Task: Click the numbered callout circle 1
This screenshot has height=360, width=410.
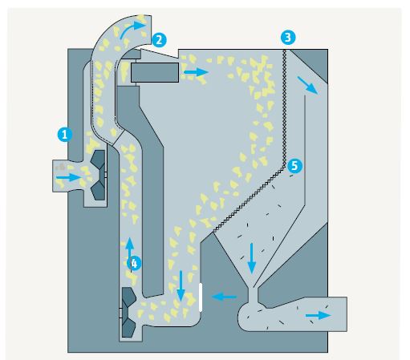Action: click(x=65, y=135)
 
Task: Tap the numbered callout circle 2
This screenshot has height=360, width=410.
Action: click(x=159, y=40)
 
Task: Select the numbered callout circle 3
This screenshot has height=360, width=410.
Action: click(x=288, y=37)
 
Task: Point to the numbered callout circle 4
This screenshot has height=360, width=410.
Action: click(x=134, y=263)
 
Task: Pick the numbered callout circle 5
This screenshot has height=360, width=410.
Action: click(x=294, y=166)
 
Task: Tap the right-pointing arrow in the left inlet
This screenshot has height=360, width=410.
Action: click(x=69, y=177)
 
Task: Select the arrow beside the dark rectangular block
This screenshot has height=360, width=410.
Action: click(x=196, y=72)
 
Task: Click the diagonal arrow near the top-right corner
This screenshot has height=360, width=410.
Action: click(x=307, y=85)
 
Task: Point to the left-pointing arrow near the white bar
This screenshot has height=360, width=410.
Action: click(x=224, y=297)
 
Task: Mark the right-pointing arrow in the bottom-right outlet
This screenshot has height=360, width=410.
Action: click(x=319, y=315)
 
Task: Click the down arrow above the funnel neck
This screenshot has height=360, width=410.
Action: click(x=251, y=258)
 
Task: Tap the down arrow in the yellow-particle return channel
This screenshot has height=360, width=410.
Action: click(x=181, y=286)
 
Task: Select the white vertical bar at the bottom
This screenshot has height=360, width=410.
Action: click(x=201, y=297)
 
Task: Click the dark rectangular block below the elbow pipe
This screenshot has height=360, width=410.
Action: click(x=155, y=72)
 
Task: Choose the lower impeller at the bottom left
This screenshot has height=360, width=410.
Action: click(x=129, y=312)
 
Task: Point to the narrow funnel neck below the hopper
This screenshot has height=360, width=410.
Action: click(x=253, y=294)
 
